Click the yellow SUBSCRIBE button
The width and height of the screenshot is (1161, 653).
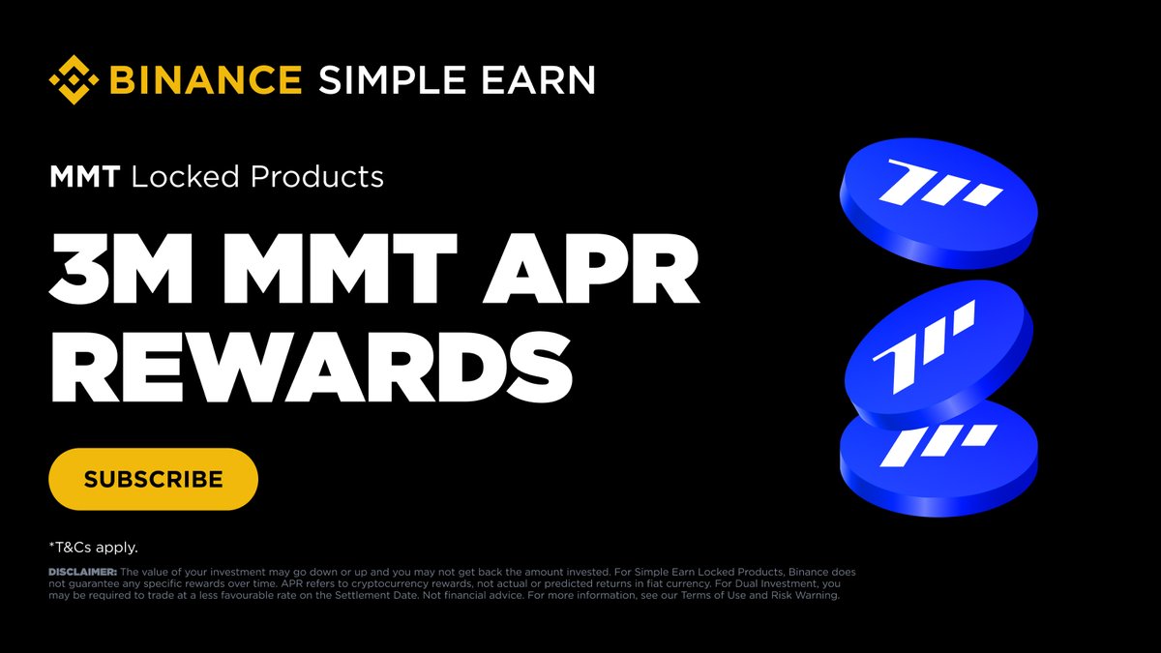tap(153, 479)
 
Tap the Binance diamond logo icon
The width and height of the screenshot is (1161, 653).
tap(75, 80)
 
